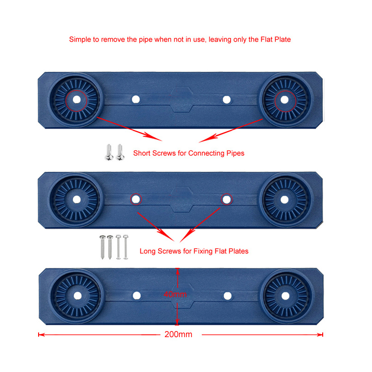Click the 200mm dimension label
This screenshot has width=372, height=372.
click(x=178, y=334)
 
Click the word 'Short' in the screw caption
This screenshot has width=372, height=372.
click(x=142, y=153)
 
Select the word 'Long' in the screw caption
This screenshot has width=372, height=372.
click(x=147, y=251)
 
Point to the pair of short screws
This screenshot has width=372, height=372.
click(x=114, y=153)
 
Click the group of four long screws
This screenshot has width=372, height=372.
click(x=113, y=247)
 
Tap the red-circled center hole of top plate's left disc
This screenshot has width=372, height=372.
click(x=76, y=100)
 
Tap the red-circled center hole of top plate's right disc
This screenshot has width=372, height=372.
click(x=284, y=100)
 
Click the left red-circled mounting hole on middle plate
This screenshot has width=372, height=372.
click(x=135, y=199)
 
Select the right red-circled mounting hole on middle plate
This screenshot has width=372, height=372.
click(x=226, y=199)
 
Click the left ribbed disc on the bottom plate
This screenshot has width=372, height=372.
click(x=76, y=295)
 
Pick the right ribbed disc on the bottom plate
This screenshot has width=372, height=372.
click(x=284, y=295)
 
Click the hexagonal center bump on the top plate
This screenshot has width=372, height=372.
click(x=181, y=100)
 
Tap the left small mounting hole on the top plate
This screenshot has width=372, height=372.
click(x=135, y=100)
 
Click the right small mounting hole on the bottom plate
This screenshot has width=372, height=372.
click(x=227, y=296)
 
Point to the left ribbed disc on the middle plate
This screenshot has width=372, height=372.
click(x=76, y=199)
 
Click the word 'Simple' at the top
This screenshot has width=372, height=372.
click(x=80, y=40)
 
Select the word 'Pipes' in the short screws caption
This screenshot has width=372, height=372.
click(x=235, y=153)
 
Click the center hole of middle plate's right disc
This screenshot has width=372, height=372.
click(x=284, y=199)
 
